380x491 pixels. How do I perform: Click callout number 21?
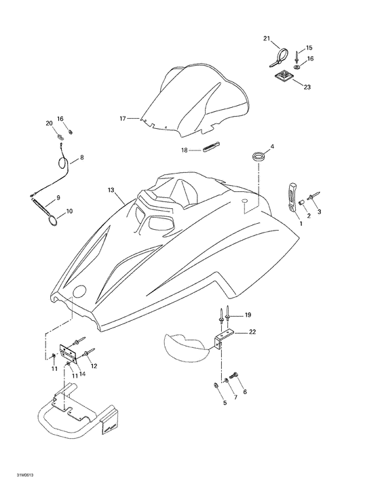pyautogui.click(x=266, y=39)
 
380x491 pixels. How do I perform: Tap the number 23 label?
pyautogui.click(x=307, y=87)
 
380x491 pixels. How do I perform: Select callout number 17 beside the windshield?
pyautogui.click(x=123, y=119)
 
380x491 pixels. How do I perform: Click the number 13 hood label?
pyautogui.click(x=111, y=190)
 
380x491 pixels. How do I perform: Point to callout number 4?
pyautogui.click(x=272, y=146)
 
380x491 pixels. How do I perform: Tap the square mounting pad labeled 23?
pyautogui.click(x=283, y=76)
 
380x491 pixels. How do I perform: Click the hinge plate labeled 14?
pyautogui.click(x=68, y=354)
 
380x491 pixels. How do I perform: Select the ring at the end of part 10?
pyautogui.click(x=53, y=221)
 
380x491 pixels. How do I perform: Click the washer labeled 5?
pyautogui.click(x=216, y=385)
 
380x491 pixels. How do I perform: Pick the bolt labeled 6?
pyautogui.click(x=233, y=375)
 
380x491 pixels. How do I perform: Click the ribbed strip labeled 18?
pyautogui.click(x=212, y=146)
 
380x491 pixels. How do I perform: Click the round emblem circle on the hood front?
pyautogui.click(x=79, y=290)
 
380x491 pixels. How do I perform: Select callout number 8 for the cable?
pyautogui.click(x=82, y=157)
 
